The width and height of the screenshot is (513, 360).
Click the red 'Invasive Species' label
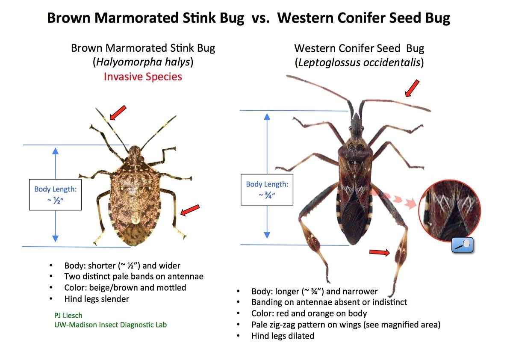coord(143,77)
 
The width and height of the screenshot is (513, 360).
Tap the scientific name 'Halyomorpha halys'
coord(143,62)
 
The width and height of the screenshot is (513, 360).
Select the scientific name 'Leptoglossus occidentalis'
coord(360,62)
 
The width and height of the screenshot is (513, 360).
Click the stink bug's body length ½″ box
coord(56,195)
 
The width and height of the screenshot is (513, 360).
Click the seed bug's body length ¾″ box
coord(267,189)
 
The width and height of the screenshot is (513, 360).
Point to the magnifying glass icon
coord(463,245)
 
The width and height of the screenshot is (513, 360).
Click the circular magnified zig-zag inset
coord(450,211)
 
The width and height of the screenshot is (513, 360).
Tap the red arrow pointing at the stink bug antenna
coord(118,113)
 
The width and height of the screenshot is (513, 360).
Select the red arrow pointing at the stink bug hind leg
coord(190,210)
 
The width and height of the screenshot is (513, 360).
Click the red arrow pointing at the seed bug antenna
coord(412,89)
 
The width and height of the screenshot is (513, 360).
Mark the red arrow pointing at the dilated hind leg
coord(379,252)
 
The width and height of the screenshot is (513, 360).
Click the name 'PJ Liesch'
coord(68,316)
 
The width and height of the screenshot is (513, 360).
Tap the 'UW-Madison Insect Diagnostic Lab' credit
coord(110,325)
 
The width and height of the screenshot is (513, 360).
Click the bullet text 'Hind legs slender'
coord(97,299)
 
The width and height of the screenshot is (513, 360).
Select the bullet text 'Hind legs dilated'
coord(283,336)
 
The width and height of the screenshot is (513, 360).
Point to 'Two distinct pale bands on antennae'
coord(134,276)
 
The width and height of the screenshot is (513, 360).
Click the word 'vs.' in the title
coord(261,18)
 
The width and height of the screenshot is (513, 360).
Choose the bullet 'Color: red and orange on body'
coord(309,313)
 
